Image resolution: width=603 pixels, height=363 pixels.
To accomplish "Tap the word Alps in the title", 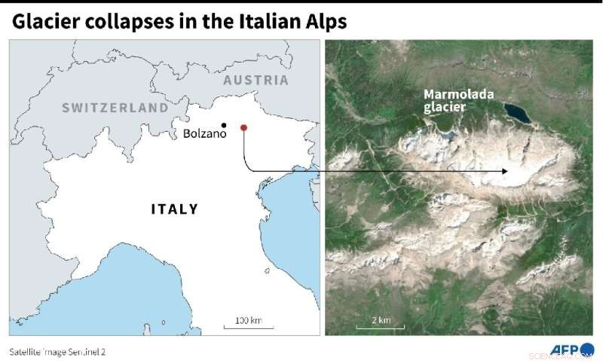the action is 325,22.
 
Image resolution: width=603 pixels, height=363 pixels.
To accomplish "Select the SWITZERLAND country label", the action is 115,108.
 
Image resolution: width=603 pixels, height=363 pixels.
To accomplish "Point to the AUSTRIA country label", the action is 256,80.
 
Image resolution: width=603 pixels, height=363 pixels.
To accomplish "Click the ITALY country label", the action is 174,209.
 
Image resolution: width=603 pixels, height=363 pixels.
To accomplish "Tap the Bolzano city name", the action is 204,134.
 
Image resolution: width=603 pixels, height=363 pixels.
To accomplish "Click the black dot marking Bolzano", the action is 224,125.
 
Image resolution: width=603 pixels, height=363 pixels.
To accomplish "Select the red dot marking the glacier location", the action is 243,128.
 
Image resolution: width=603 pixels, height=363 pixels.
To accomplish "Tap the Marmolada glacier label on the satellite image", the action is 450,101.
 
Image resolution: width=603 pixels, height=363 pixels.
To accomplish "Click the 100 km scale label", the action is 248,321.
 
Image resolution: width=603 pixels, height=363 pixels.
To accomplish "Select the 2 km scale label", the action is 381,320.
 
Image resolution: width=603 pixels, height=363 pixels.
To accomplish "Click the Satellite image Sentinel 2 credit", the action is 57,351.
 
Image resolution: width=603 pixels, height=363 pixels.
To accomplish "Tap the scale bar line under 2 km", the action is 381,328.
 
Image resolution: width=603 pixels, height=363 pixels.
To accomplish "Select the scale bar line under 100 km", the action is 248,328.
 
